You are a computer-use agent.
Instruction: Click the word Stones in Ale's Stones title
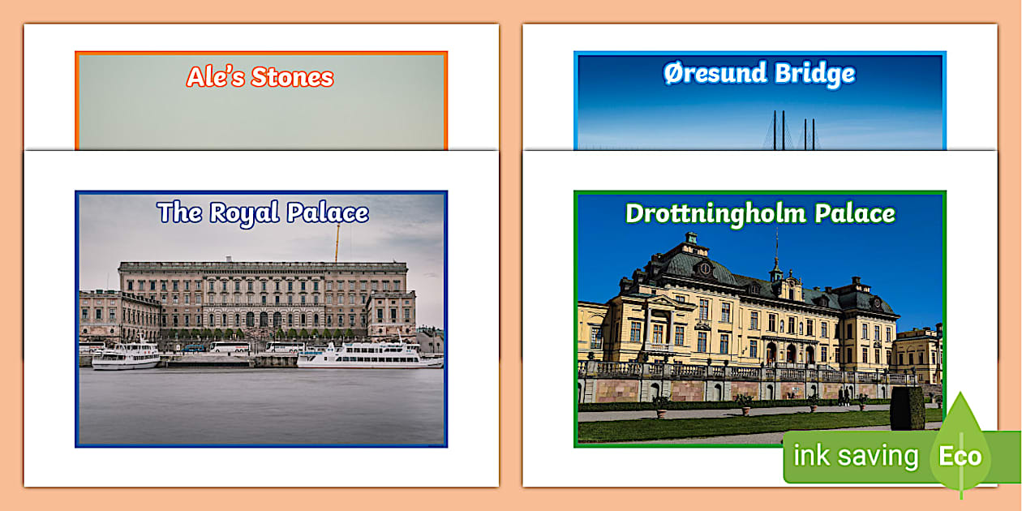coord(293,77)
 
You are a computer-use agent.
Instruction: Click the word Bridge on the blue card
coord(814,74)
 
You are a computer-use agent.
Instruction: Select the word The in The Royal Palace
coord(179,213)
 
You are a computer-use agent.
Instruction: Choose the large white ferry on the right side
coord(369,356)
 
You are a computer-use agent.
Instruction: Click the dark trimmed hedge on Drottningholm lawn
coord(908,408)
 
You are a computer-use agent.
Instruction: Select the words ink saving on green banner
coord(855,456)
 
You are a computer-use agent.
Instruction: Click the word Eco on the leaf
coord(960,456)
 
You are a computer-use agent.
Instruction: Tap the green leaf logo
coord(960,442)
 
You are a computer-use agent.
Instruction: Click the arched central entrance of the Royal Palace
coord(262,320)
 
